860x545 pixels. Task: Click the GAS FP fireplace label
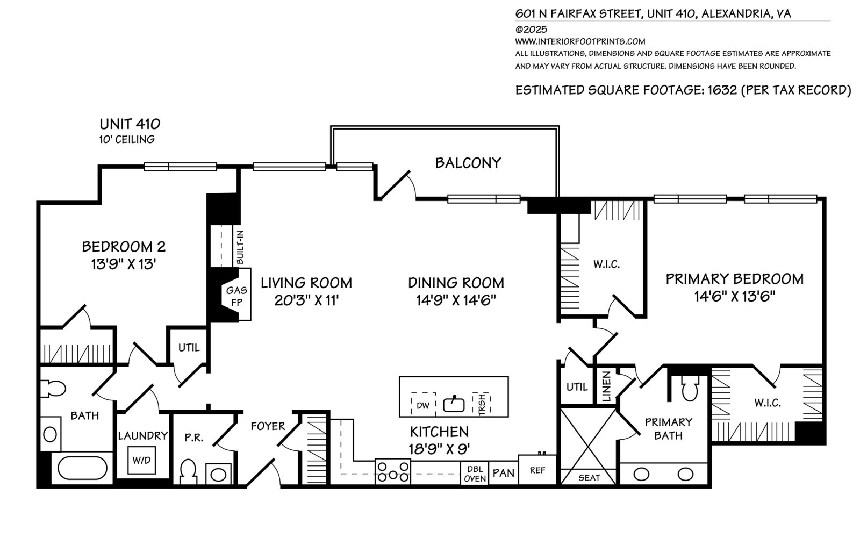pyautogui.click(x=236, y=296)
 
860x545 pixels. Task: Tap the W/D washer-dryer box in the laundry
pyautogui.click(x=141, y=460)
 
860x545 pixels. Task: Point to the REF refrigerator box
pyautogui.click(x=537, y=470)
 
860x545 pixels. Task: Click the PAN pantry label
pyautogui.click(x=503, y=473)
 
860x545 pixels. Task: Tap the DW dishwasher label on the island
pyautogui.click(x=423, y=406)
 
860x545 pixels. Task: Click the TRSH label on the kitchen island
pyautogui.click(x=482, y=404)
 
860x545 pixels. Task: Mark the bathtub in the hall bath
pyautogui.click(x=83, y=468)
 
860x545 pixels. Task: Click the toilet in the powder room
pyautogui.click(x=188, y=471)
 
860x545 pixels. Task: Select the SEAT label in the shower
pyautogui.click(x=589, y=478)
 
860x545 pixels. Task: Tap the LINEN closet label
pyautogui.click(x=606, y=386)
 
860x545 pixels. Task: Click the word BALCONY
pyautogui.click(x=468, y=163)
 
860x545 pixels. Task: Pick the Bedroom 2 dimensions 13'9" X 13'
pyautogui.click(x=123, y=264)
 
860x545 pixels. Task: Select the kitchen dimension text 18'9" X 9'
pyautogui.click(x=440, y=448)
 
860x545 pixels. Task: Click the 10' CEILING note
pyautogui.click(x=127, y=139)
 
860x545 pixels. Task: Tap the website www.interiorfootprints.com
pyautogui.click(x=580, y=41)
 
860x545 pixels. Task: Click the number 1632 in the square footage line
pyautogui.click(x=722, y=90)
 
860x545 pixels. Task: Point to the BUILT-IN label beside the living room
pyautogui.click(x=240, y=247)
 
